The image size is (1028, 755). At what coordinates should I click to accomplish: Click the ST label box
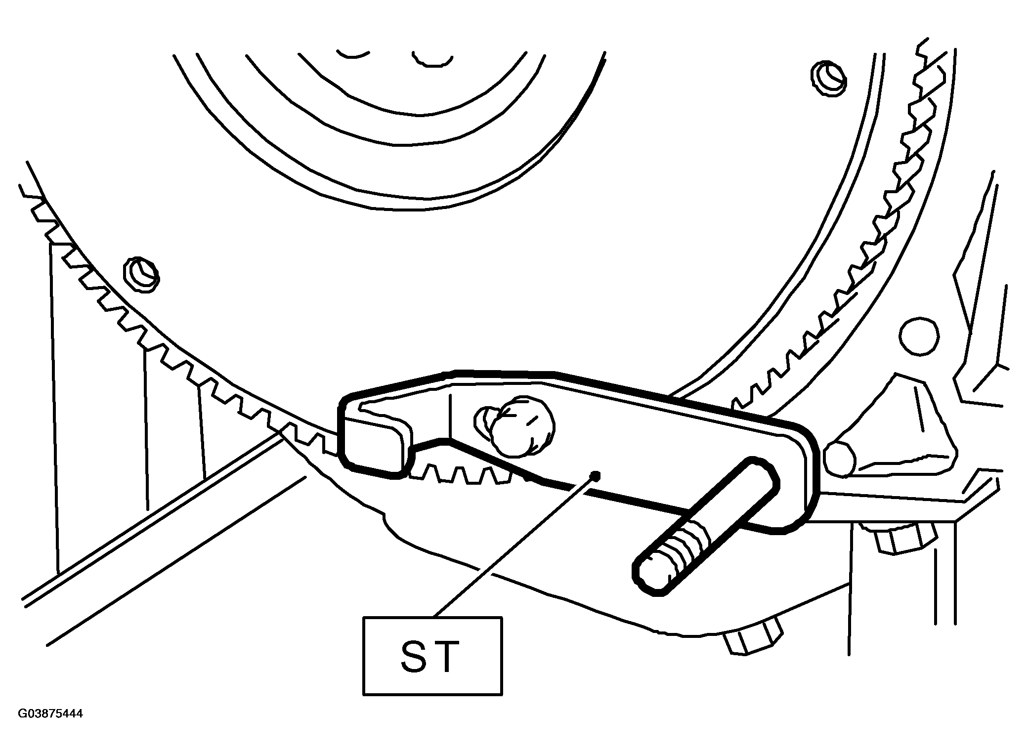(432, 656)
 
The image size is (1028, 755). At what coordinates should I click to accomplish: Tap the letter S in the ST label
(413, 657)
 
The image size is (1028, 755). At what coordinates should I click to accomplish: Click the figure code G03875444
(50, 713)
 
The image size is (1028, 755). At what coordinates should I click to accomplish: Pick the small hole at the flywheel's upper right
(828, 78)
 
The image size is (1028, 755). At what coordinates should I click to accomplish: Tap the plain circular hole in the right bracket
(919, 336)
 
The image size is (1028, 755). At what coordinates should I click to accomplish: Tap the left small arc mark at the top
(353, 53)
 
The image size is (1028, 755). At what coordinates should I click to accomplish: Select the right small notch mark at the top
(432, 58)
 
